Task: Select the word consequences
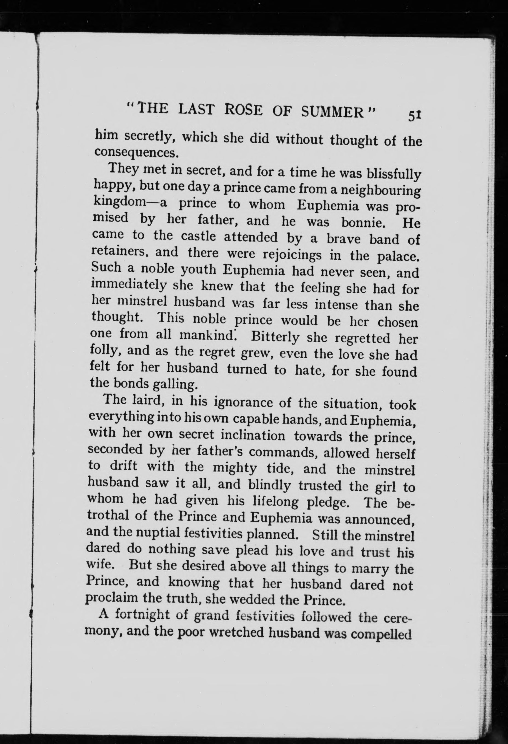tap(136, 152)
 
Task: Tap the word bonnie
tap(363, 222)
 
